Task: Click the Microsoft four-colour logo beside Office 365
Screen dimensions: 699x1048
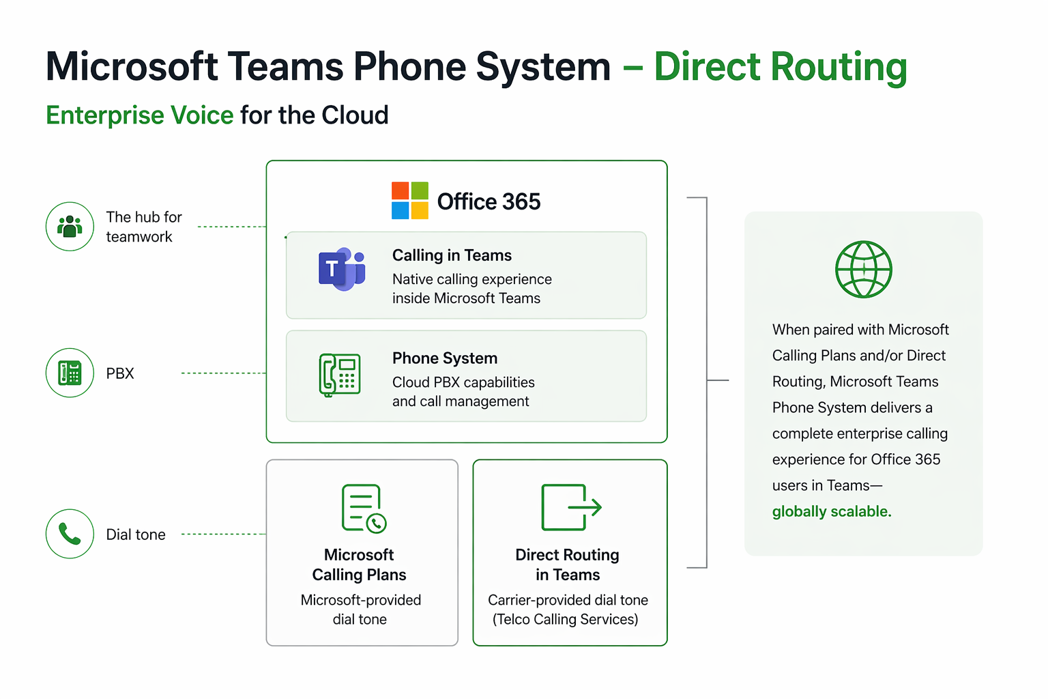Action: pyautogui.click(x=410, y=201)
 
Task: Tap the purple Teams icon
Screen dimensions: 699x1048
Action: pyautogui.click(x=342, y=269)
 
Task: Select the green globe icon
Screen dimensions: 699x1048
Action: pyautogui.click(x=863, y=269)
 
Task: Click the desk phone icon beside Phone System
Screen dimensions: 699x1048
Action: pyautogui.click(x=340, y=374)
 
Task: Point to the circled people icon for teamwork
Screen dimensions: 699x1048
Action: pyautogui.click(x=70, y=227)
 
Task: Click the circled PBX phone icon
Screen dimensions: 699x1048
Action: pyautogui.click(x=70, y=373)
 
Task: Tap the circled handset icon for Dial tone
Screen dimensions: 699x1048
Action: pyautogui.click(x=70, y=534)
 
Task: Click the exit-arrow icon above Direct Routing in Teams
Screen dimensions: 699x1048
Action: pyautogui.click(x=570, y=507)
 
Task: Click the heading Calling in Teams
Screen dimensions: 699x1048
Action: pyautogui.click(x=452, y=255)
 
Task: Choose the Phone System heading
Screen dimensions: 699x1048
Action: pyautogui.click(x=445, y=358)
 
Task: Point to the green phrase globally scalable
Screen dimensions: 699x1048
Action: pyautogui.click(x=832, y=511)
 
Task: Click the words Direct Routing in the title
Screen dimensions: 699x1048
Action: pyautogui.click(x=781, y=67)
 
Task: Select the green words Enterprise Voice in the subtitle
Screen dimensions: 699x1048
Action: pyautogui.click(x=140, y=115)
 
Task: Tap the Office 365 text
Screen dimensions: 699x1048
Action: pyautogui.click(x=489, y=202)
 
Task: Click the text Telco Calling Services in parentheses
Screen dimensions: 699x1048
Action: pyautogui.click(x=566, y=619)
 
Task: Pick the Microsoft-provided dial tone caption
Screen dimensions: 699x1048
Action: pyautogui.click(x=360, y=610)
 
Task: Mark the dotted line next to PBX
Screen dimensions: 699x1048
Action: pyautogui.click(x=223, y=373)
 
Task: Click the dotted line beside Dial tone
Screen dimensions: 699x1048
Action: pyautogui.click(x=223, y=534)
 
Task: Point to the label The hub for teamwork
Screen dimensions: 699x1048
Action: pyautogui.click(x=144, y=227)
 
